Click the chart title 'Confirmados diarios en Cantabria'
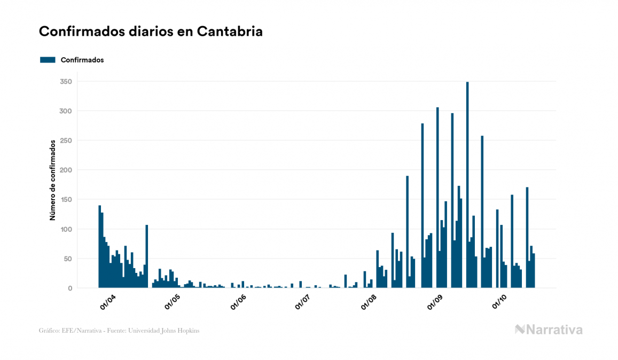pyautogui.click(x=151, y=32)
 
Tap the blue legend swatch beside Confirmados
pyautogui.click(x=48, y=60)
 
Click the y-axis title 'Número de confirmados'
pyautogui.click(x=53, y=181)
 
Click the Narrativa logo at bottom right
pyautogui.click(x=549, y=330)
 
